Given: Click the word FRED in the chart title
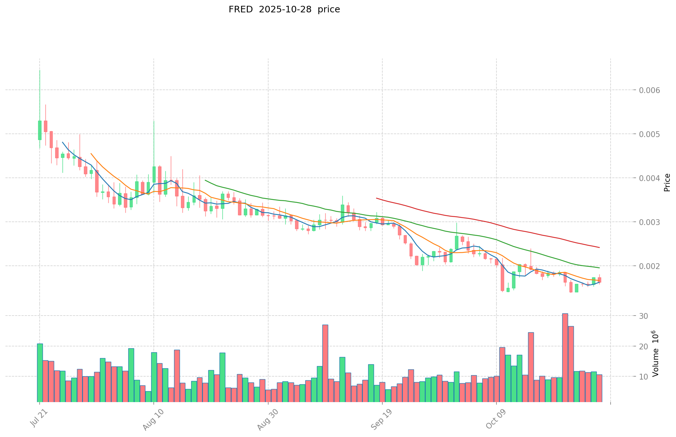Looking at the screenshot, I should click(241, 9).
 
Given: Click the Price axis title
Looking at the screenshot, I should click(667, 183).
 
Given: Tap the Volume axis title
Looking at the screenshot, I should click(655, 353).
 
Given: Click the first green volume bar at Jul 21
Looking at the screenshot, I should click(40, 372).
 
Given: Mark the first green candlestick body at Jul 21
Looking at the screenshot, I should click(40, 130).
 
